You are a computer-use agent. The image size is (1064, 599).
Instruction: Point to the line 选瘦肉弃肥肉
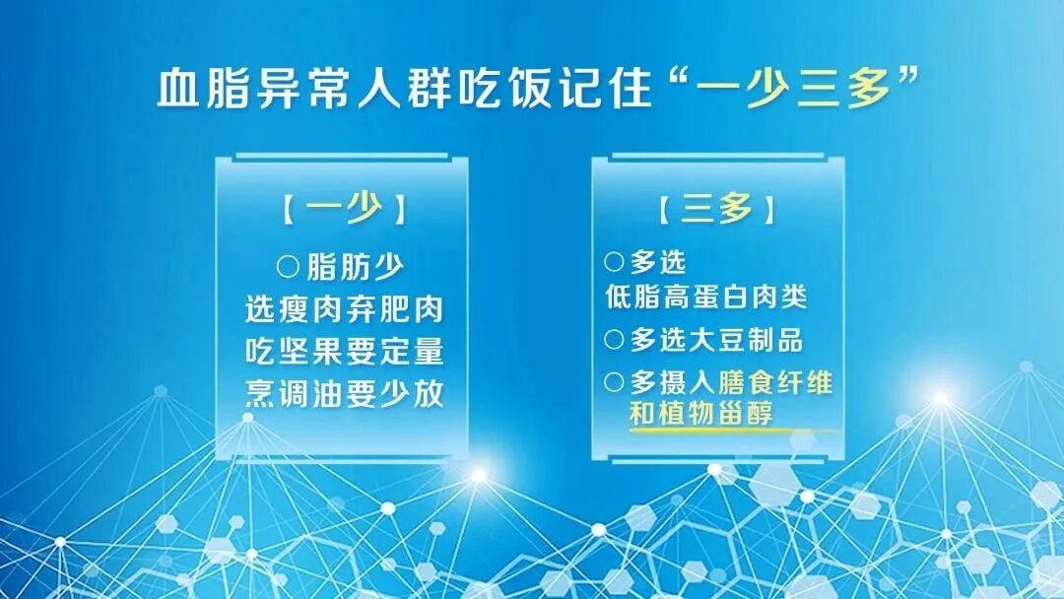tap(344, 309)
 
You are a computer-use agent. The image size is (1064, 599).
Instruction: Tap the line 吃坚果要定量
tap(344, 352)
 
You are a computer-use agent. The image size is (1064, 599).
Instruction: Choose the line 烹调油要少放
tap(344, 395)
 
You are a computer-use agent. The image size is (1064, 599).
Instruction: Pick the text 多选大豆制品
tap(716, 340)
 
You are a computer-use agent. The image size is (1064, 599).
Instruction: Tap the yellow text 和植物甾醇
tap(701, 413)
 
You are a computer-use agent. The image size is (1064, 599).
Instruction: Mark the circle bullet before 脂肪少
tap(288, 266)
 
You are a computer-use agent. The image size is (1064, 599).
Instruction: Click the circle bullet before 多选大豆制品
tap(614, 340)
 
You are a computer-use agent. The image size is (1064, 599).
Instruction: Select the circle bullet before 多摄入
tap(614, 382)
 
